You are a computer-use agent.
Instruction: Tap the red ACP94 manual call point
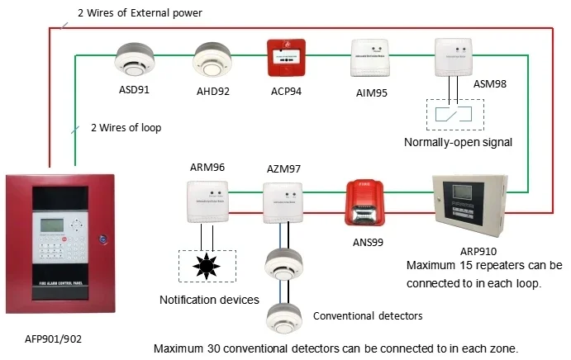click(x=286, y=59)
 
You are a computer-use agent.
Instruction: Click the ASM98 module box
click(x=454, y=55)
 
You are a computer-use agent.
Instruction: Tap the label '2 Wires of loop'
click(x=126, y=127)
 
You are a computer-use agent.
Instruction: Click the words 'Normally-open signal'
click(x=459, y=142)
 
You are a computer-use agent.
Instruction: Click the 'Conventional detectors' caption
click(x=368, y=315)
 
